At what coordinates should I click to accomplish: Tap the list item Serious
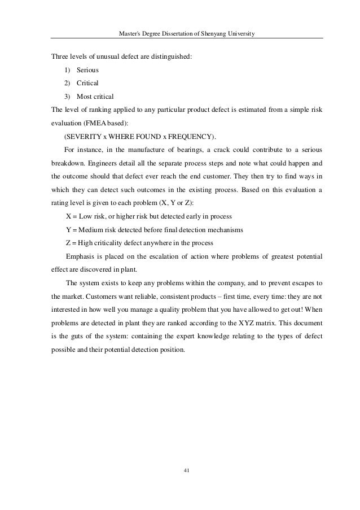pyautogui.click(x=88, y=71)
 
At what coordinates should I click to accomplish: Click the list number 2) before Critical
pyautogui.click(x=67, y=83)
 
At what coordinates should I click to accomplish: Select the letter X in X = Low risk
pyautogui.click(x=68, y=217)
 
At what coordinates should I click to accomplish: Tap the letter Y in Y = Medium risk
pyautogui.click(x=68, y=230)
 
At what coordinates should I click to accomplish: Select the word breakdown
pyautogui.click(x=68, y=163)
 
